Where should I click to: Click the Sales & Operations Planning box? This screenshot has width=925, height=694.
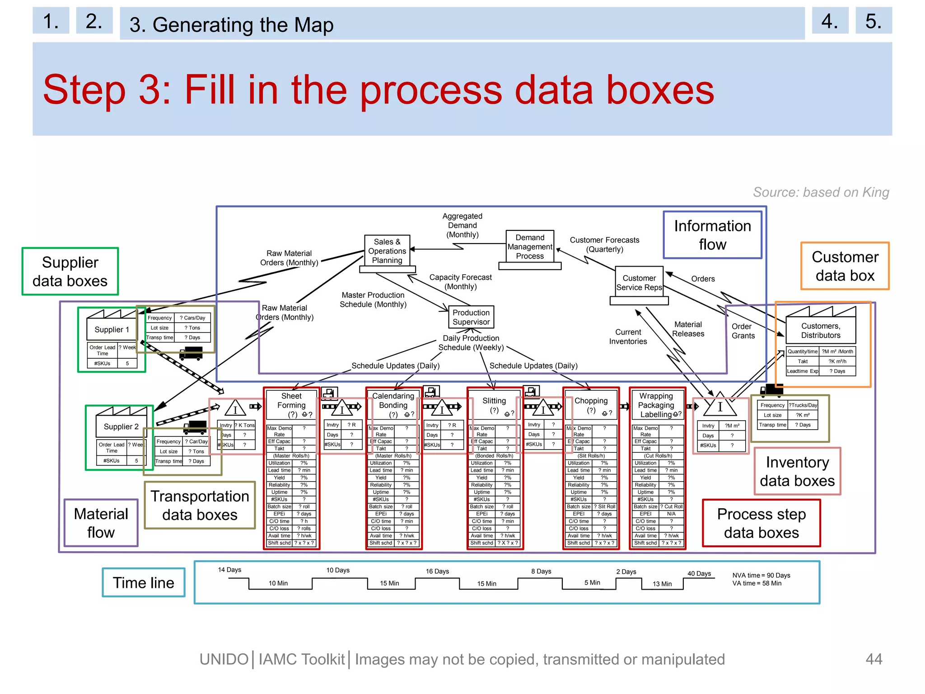point(387,251)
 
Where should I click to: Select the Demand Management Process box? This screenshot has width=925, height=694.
point(530,247)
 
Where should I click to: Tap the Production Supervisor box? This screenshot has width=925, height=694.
point(471,317)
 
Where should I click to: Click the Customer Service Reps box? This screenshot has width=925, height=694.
point(639,283)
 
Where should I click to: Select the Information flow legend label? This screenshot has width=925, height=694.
point(712,235)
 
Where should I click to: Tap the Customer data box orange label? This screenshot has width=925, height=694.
point(845,266)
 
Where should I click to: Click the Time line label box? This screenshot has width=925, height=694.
point(144,582)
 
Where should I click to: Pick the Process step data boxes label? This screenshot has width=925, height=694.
point(761,523)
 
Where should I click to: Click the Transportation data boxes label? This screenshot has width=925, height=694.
point(200,505)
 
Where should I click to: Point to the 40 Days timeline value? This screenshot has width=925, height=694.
point(699,573)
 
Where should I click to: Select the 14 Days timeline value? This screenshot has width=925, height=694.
point(229,570)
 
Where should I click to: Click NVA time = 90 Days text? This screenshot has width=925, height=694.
point(761,575)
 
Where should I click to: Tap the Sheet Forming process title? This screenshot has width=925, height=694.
point(291,401)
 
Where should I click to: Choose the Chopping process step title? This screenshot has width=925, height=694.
point(591,401)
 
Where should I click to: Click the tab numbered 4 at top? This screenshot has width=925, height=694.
point(830,21)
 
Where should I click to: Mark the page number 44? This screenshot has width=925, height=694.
point(874,659)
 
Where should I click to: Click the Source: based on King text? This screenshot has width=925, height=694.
point(821,192)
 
